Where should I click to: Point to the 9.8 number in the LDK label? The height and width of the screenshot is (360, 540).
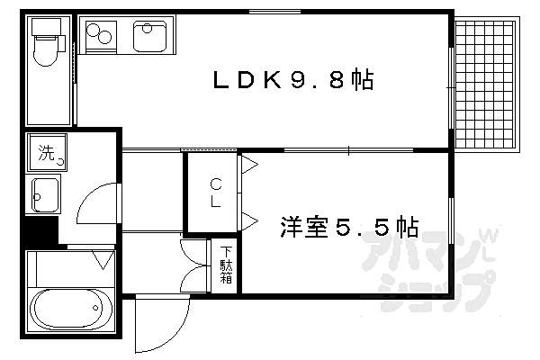316,81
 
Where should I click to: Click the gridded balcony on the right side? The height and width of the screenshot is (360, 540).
486,85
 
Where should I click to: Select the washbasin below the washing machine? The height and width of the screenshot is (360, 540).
45,193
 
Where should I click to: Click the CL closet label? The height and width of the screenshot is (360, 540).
216,191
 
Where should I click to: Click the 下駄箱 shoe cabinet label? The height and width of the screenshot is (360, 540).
226,265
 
